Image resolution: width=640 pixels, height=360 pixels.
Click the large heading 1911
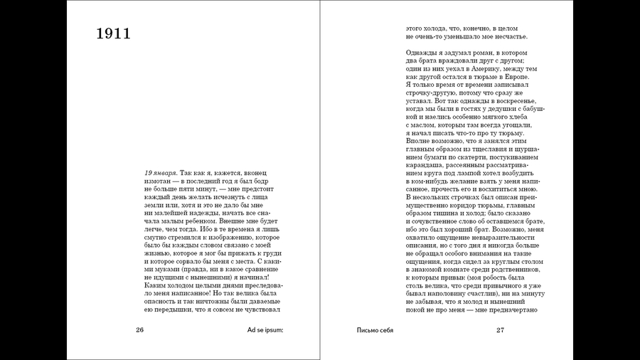(x=114, y=33)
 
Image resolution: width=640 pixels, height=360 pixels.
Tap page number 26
(x=139, y=329)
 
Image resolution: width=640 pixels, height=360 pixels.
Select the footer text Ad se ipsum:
(x=265, y=329)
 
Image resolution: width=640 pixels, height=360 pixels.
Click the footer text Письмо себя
(x=375, y=329)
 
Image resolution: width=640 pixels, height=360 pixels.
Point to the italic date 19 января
(x=160, y=173)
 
